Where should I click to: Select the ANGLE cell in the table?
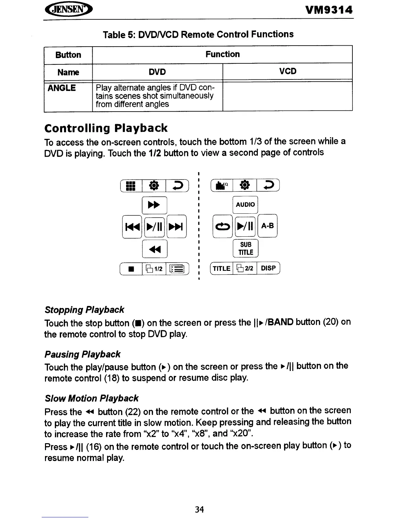pos(62,88)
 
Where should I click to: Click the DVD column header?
pos(157,72)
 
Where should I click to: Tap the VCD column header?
pos(288,71)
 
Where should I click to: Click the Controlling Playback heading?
pos(106,128)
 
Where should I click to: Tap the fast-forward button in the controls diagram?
pos(154,205)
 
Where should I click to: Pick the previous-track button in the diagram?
pos(132,226)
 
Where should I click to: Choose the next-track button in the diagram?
pos(177,226)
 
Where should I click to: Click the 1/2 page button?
pos(154,269)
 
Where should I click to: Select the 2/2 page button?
pos(245,268)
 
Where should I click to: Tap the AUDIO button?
pos(245,205)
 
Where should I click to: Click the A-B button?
pos(268,226)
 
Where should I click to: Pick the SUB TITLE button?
pos(246,249)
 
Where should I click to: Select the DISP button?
pos(268,268)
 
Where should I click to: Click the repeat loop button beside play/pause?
pos(223,226)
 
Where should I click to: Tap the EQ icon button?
pos(222,186)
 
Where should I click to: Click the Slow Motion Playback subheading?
pos(91,398)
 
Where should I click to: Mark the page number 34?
pos(199,509)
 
